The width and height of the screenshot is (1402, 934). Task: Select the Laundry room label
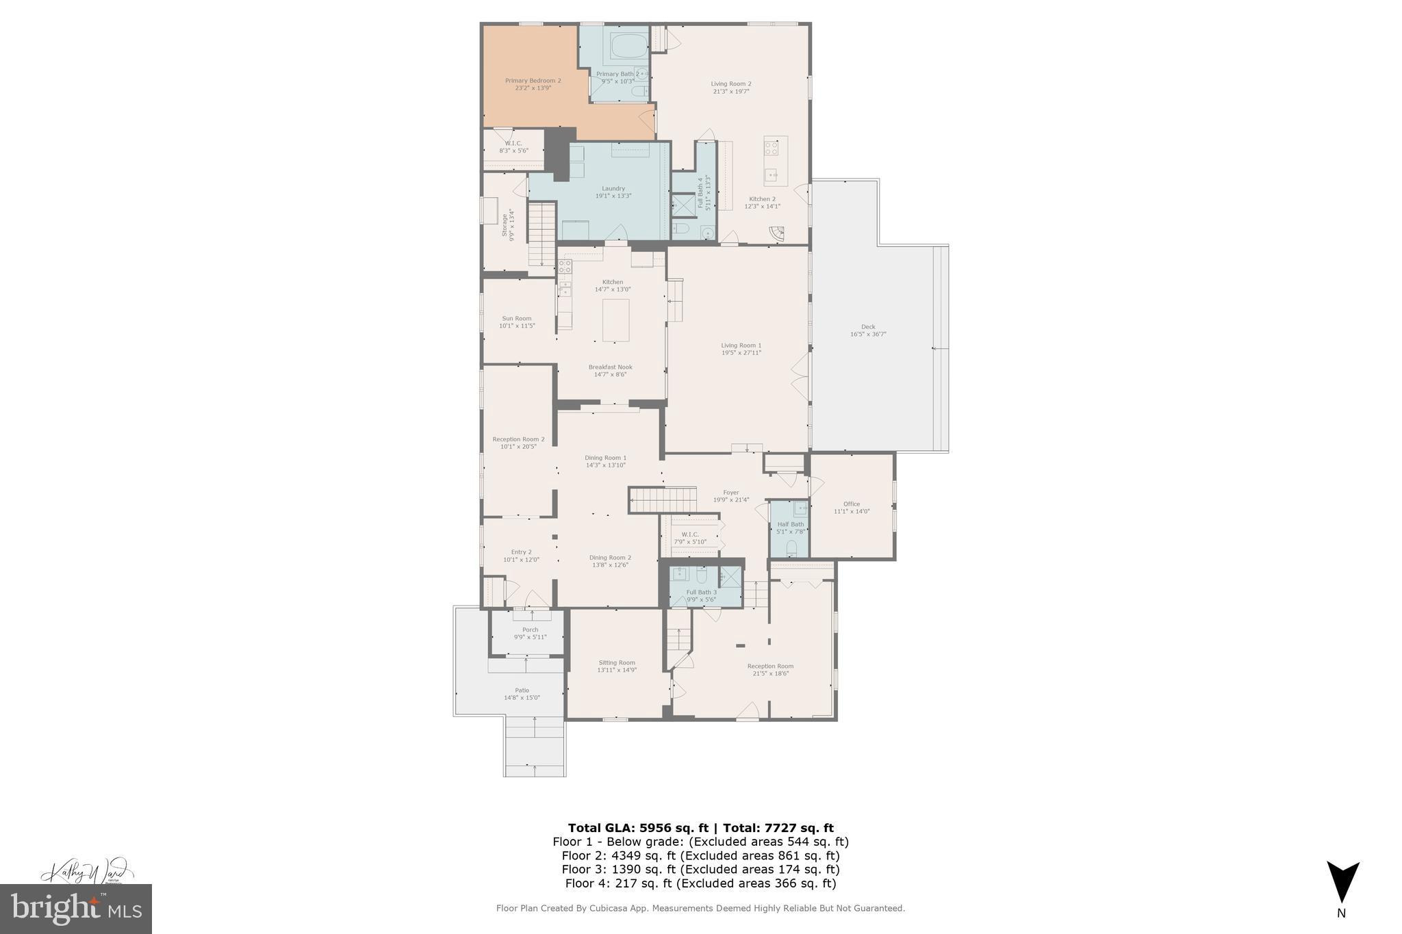point(613,189)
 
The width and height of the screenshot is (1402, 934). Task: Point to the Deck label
point(868,327)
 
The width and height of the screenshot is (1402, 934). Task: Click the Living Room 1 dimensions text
point(741,353)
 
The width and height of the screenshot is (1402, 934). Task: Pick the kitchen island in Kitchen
point(615,320)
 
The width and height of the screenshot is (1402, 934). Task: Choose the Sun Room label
point(517,318)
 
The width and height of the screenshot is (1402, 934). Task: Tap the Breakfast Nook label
point(611,367)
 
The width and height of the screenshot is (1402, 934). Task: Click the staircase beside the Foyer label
point(663,500)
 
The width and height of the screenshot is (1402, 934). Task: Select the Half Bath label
point(791,524)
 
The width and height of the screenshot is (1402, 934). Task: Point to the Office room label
point(852,504)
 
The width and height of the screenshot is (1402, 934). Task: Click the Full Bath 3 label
point(702,593)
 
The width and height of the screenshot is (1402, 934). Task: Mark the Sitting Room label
point(617,662)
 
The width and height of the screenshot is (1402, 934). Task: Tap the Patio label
point(522,690)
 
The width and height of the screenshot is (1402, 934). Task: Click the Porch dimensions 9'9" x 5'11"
point(530,638)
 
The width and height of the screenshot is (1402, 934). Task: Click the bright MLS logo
point(76,909)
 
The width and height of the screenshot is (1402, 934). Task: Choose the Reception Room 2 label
point(518,439)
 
